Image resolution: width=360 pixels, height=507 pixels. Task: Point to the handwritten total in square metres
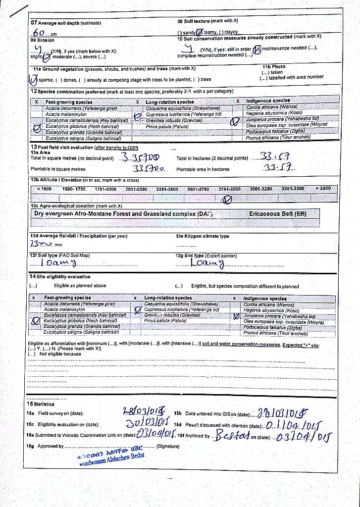tap(140, 158)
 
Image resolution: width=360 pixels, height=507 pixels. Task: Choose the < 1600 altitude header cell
tap(44, 189)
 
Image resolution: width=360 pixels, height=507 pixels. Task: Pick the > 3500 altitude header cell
tap(324, 189)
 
